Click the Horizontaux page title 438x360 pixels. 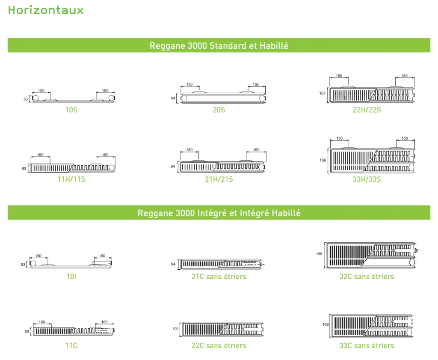coord(46,10)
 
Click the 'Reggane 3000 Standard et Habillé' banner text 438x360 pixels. coord(219,46)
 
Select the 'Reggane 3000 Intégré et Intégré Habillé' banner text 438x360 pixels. coord(219,213)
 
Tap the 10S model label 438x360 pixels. coord(71,110)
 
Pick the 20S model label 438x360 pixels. coord(219,110)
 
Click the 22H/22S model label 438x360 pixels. coord(367,110)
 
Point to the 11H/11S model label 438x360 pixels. coord(71,179)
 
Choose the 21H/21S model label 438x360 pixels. coord(219,179)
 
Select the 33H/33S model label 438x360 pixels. coord(367,179)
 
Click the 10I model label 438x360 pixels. coord(71,277)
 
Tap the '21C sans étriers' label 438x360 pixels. coord(219,277)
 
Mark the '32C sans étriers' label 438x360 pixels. coord(367,277)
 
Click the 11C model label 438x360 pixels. coord(71,345)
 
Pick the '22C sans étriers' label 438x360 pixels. coord(219,345)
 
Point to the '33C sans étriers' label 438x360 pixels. coord(367,345)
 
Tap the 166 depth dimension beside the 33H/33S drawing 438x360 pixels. coord(323,161)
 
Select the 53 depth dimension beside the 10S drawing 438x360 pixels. coord(26,99)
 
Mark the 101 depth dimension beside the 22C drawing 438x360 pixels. coord(175,329)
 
